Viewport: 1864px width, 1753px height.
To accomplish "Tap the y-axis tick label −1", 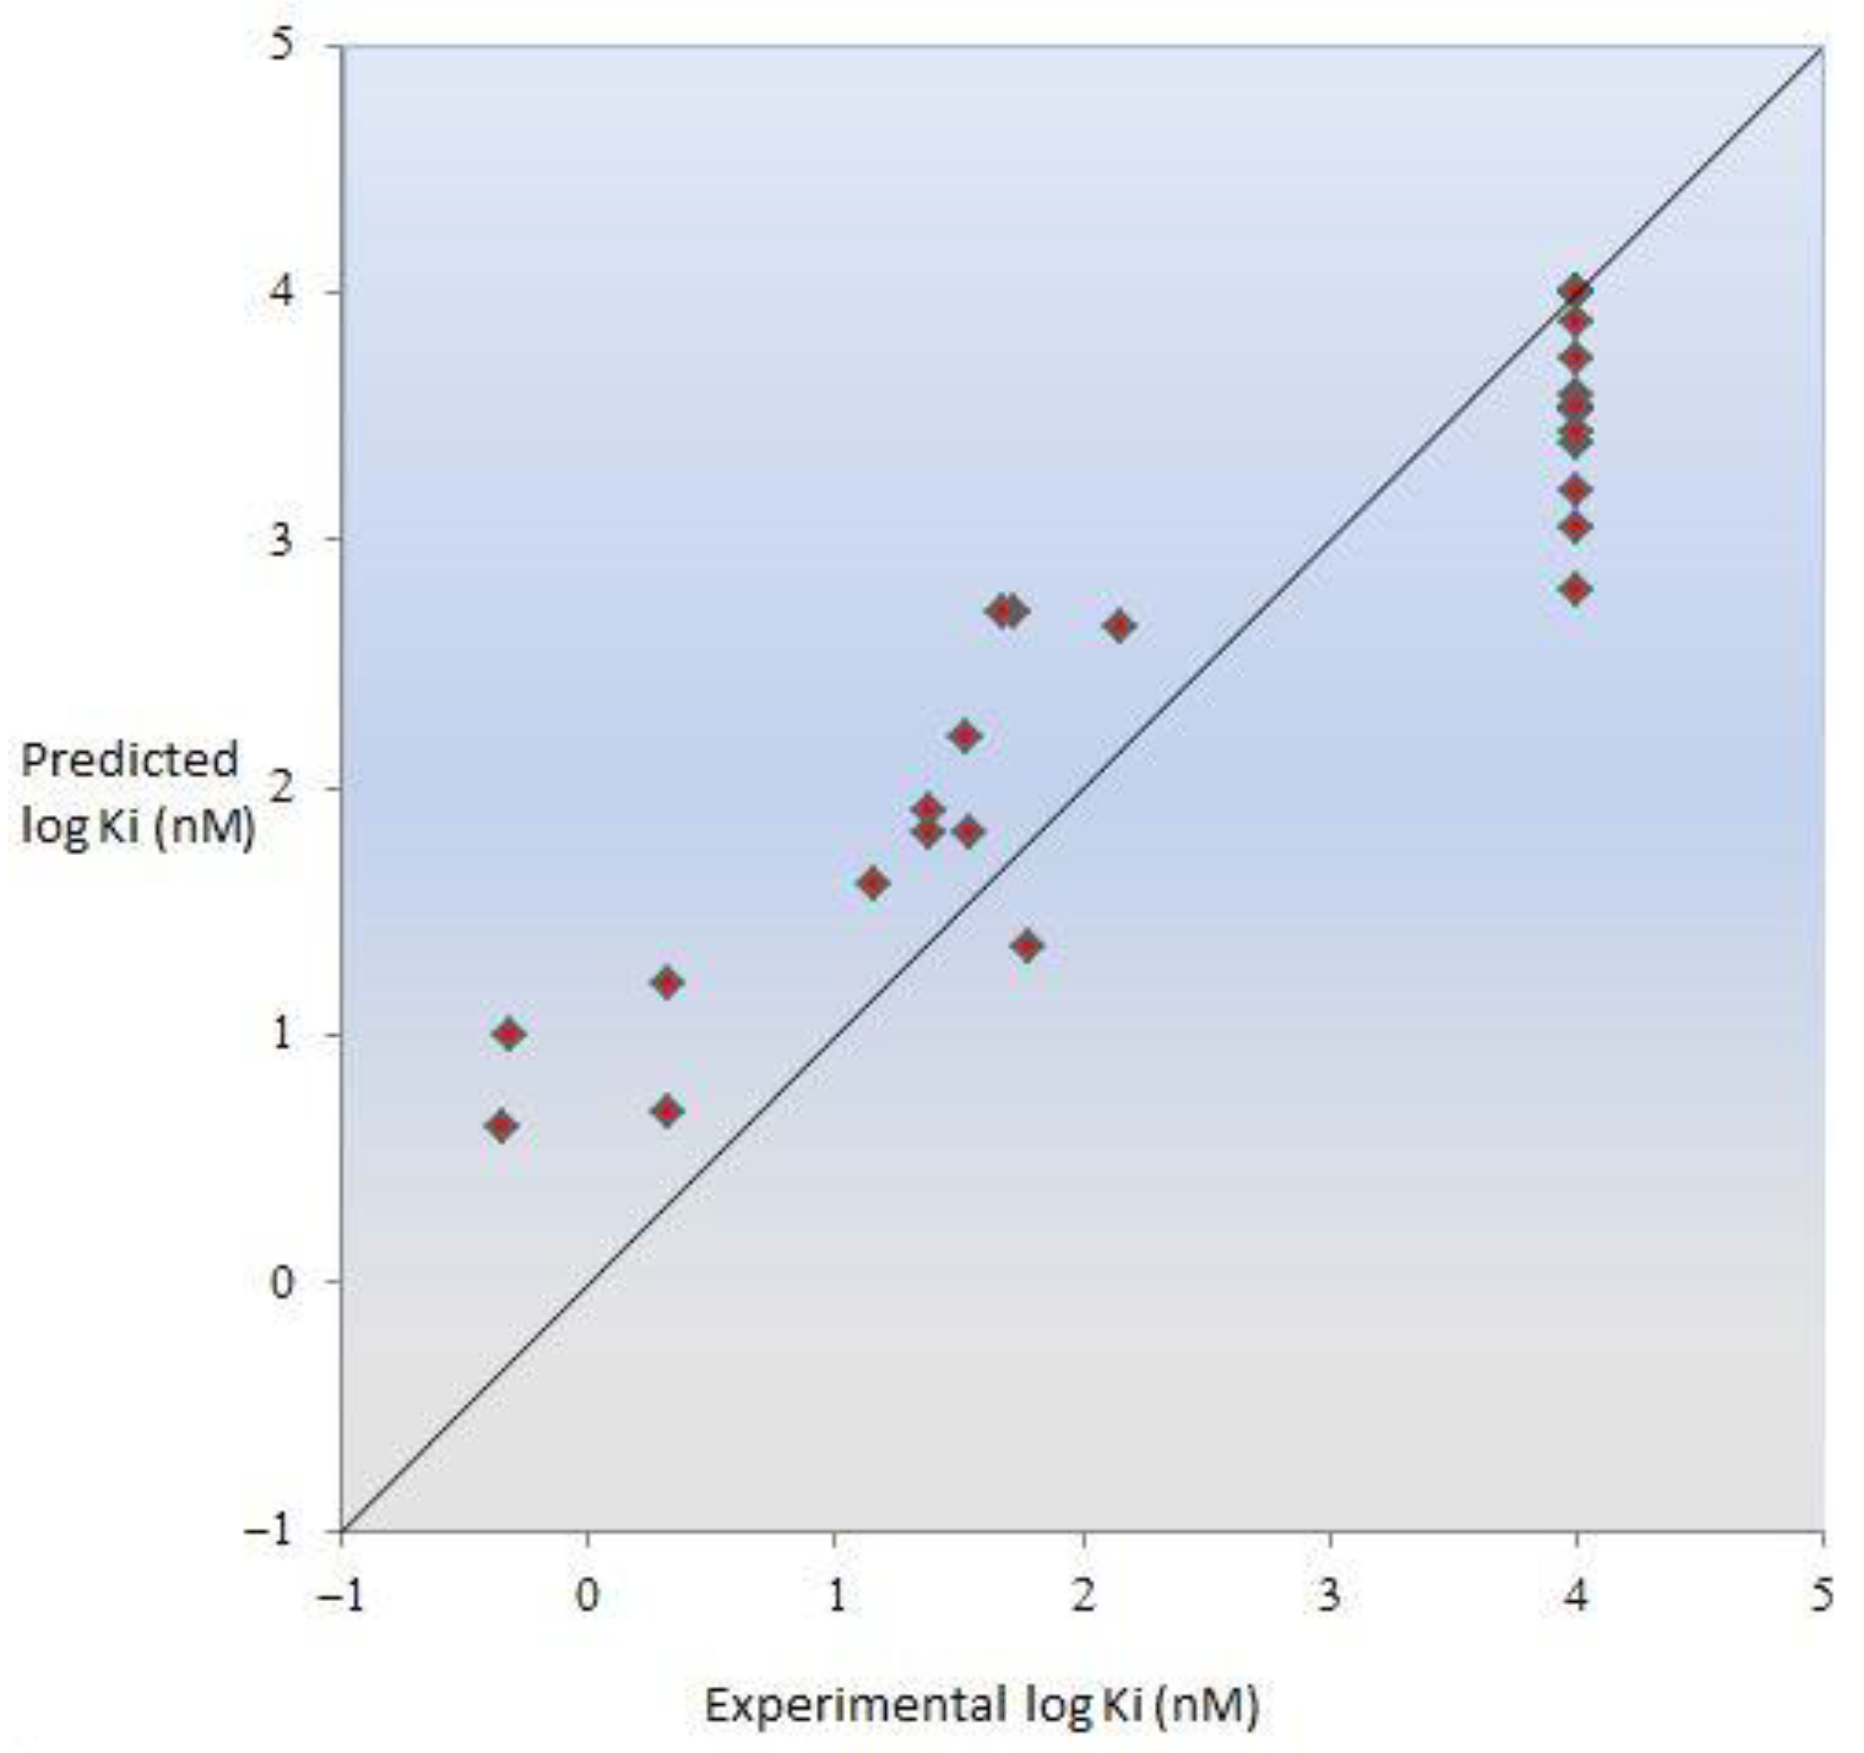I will (x=272, y=1530).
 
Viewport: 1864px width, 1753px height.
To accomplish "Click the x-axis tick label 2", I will (x=1084, y=1596).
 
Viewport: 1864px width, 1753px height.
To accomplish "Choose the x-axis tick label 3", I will (x=1330, y=1596).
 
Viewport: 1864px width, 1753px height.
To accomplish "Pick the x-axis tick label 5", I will (x=1822, y=1596).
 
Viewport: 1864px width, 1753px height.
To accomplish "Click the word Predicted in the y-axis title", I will (x=130, y=760).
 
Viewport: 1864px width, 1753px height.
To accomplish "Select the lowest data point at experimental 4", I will (x=1576, y=589).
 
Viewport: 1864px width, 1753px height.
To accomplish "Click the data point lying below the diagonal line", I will (x=1028, y=946).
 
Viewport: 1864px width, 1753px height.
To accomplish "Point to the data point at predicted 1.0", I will (x=509, y=1035).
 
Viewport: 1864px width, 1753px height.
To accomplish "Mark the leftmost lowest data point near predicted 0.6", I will (x=502, y=1126).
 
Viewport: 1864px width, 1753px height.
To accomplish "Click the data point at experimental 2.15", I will (x=1119, y=626).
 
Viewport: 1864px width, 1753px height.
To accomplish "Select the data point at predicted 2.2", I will (x=966, y=736).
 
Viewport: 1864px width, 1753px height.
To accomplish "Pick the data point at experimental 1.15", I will (x=873, y=883).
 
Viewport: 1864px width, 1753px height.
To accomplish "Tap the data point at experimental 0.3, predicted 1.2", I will (x=667, y=984).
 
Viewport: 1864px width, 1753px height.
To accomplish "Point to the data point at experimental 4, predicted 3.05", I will (x=1576, y=528).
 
